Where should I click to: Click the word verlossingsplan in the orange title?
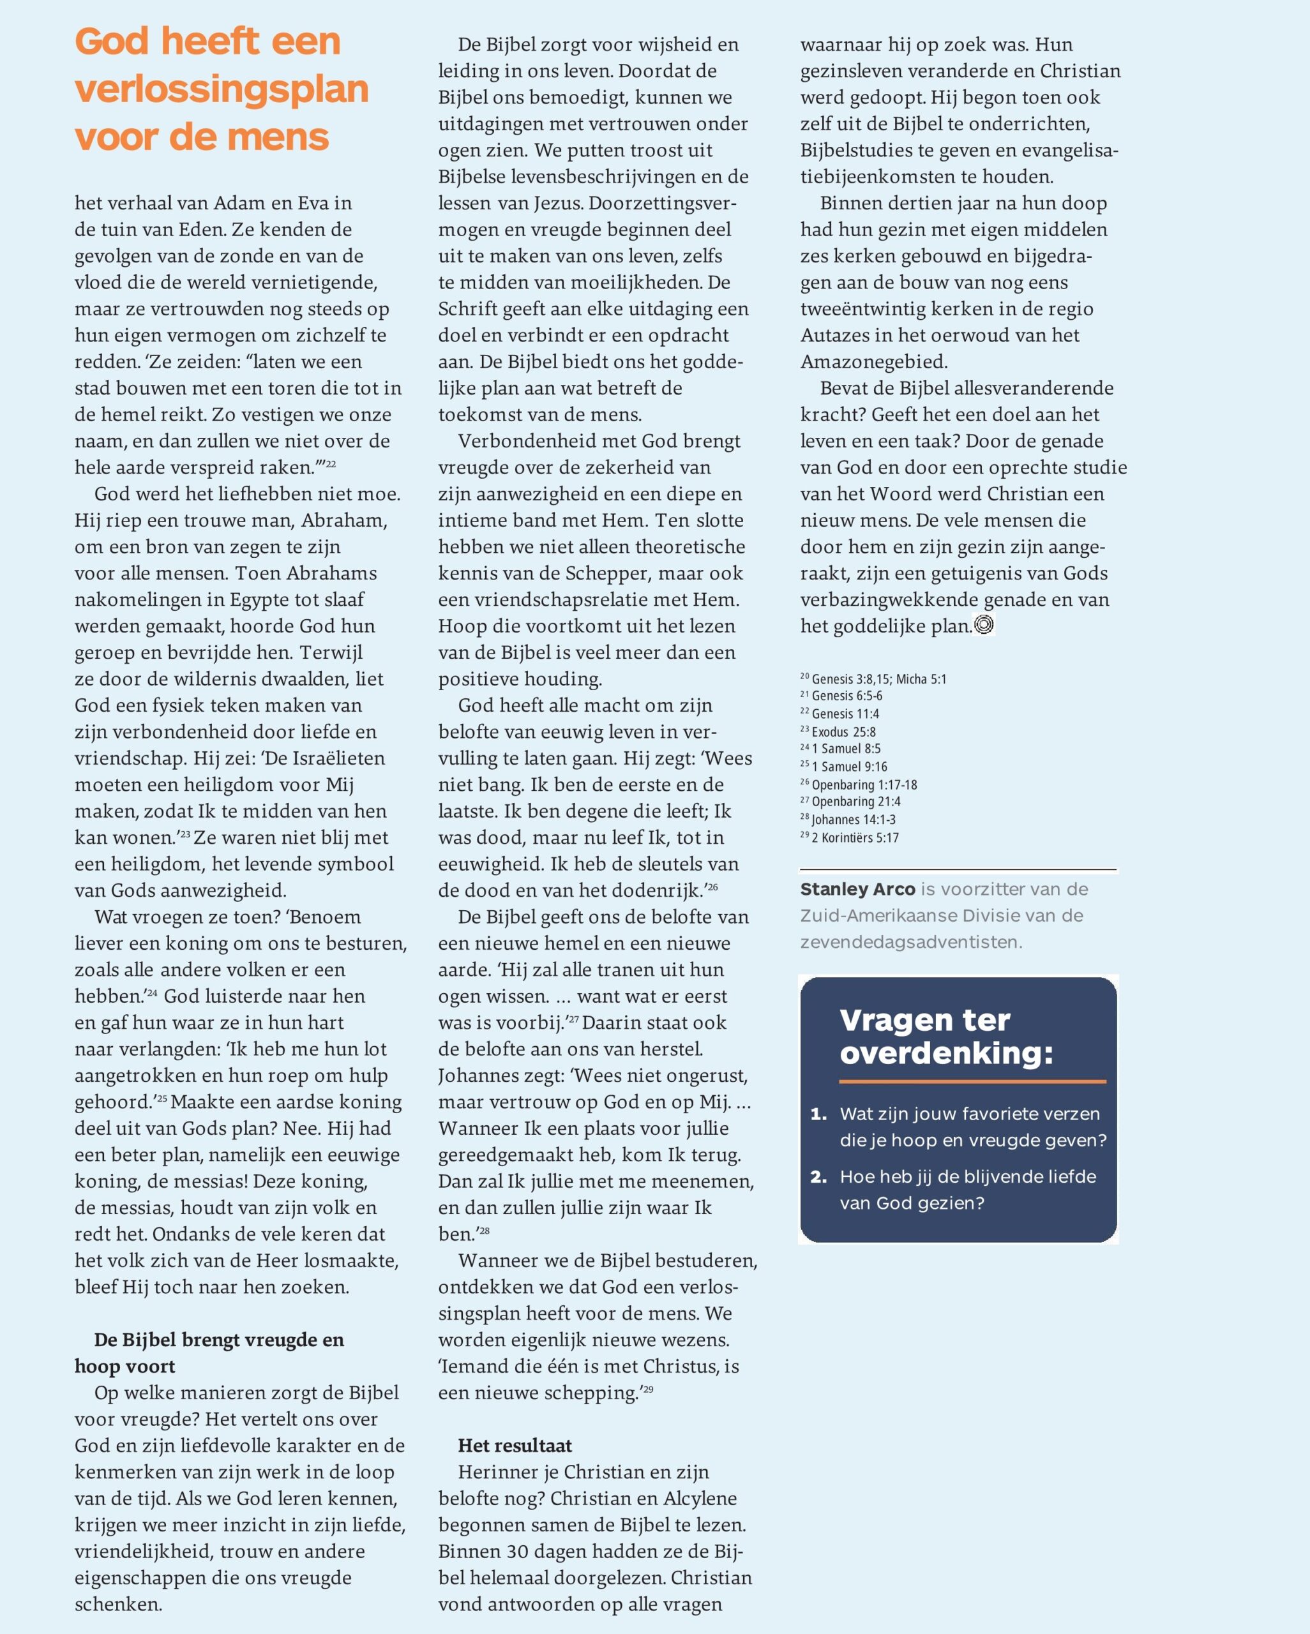[x=222, y=89]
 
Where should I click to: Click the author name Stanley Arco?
[x=857, y=889]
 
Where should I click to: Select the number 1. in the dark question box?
[x=818, y=1114]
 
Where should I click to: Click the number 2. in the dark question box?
[x=818, y=1177]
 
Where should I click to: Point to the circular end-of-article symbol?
[x=984, y=624]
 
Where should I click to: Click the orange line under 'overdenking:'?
[x=973, y=1081]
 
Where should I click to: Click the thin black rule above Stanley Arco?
[x=958, y=869]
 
